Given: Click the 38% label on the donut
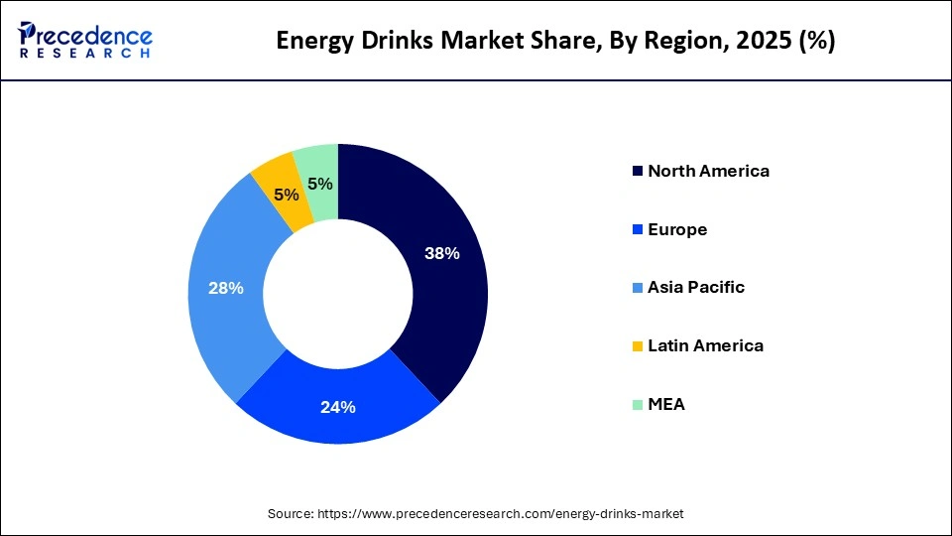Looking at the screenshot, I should [442, 253].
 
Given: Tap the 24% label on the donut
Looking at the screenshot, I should [337, 407].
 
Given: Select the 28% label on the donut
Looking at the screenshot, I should [226, 288].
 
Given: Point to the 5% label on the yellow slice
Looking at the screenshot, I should [287, 196].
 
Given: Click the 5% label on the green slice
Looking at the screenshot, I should [319, 184].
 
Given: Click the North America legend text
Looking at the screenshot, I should [708, 171].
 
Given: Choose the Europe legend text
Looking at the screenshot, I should [677, 229].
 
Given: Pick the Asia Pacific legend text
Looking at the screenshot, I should [696, 288].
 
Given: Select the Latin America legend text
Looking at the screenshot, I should [705, 346].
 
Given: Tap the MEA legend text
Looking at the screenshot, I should [666, 405].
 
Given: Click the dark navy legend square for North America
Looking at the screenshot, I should [636, 171].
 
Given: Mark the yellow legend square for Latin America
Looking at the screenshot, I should [636, 346].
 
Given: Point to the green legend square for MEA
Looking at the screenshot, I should [636, 405].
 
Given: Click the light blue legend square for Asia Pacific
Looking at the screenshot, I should [636, 288].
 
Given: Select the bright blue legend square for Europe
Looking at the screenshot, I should [636, 229].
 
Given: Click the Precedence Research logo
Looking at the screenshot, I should [85, 40].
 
